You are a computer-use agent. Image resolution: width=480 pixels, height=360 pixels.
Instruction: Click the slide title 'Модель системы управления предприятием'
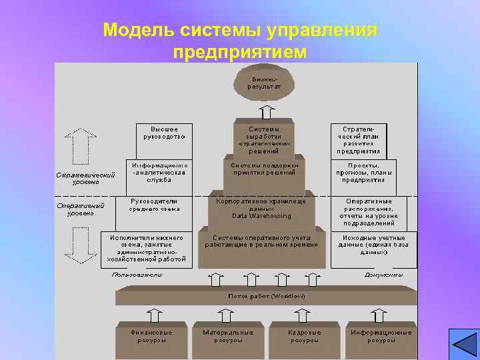pyautogui.click(x=240, y=40)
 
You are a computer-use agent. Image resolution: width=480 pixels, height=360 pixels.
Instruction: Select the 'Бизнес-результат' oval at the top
pyautogui.click(x=265, y=83)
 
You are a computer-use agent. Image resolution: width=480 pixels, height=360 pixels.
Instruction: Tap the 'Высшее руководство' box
pyautogui.click(x=164, y=133)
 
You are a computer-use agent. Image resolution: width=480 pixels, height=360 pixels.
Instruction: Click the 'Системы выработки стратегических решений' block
pyautogui.click(x=265, y=139)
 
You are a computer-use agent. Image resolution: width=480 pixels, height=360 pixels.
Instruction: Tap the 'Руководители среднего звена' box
pyautogui.click(x=154, y=205)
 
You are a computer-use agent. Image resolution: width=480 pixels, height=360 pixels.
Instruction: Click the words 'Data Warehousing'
pyautogui.click(x=261, y=216)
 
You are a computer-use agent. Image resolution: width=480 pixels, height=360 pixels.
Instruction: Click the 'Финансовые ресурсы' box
pyautogui.click(x=151, y=336)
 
